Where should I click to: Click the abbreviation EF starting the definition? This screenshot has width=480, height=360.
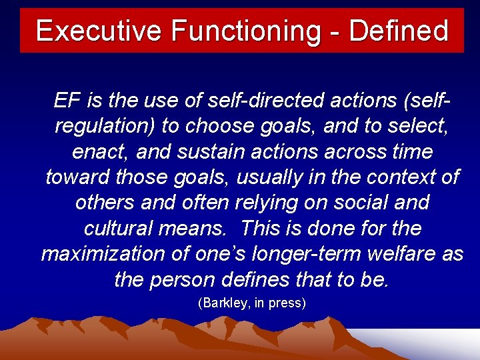(x=65, y=101)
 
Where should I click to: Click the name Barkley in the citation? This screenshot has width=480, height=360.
(x=227, y=303)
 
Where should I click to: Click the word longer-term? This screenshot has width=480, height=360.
(x=303, y=253)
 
